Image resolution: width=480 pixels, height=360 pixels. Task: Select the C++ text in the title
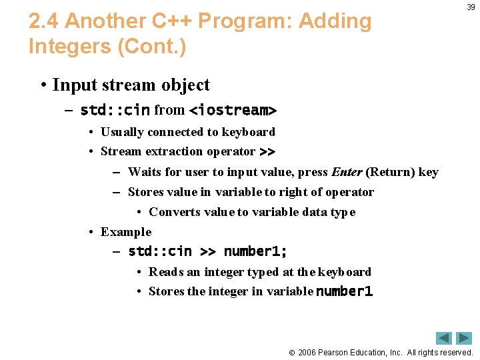[174, 21]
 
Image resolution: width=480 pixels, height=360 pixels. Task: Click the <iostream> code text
[233, 109]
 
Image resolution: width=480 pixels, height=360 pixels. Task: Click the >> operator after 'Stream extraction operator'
[267, 151]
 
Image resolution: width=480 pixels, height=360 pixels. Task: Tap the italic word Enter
[347, 172]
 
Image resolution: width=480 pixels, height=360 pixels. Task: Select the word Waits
[145, 172]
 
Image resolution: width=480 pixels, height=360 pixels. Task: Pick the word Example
[126, 232]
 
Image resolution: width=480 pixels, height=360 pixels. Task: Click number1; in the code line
[255, 251]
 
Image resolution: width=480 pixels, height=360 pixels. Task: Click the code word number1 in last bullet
[344, 291]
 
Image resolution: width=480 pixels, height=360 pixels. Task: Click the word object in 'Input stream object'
[185, 85]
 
